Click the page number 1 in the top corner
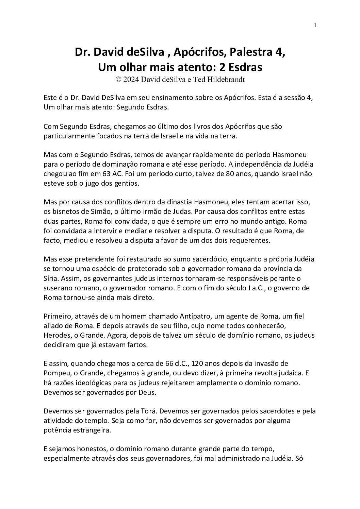coord(315,25)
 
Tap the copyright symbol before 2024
coord(118,79)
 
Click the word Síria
coord(51,278)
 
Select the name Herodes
coord(56,335)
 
